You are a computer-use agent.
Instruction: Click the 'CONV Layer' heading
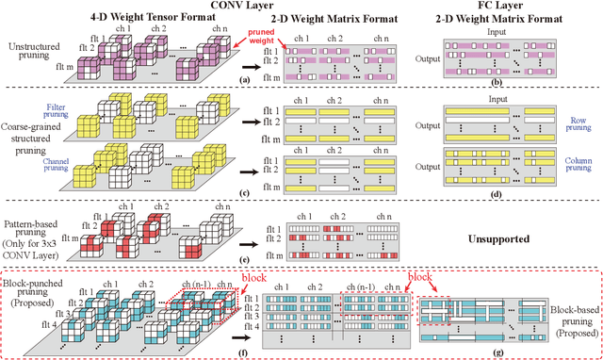pos(252,8)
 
